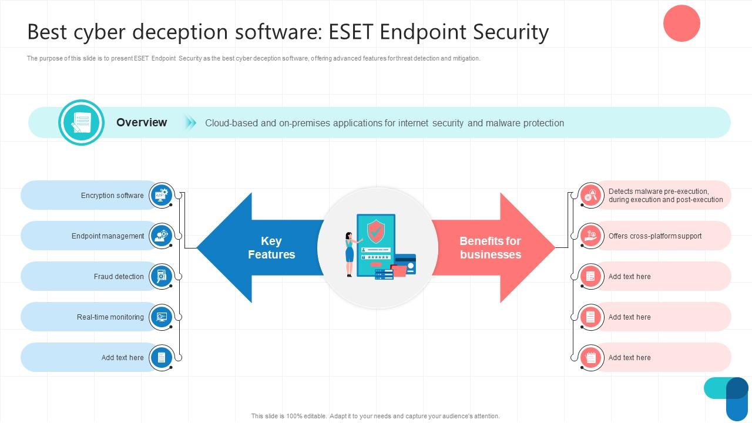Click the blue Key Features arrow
click(x=253, y=248)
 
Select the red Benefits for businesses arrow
click(x=499, y=248)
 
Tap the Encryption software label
click(x=112, y=196)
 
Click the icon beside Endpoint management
click(x=161, y=236)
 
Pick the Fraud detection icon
click(x=161, y=276)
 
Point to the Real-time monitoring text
click(x=110, y=317)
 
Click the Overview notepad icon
click(x=81, y=122)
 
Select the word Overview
click(x=142, y=122)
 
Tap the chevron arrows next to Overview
click(x=190, y=122)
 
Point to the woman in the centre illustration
click(x=350, y=254)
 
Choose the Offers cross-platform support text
click(x=655, y=236)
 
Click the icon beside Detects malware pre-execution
click(x=590, y=195)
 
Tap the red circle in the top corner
click(x=681, y=23)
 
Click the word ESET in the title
click(x=351, y=32)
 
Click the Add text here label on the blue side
click(x=122, y=358)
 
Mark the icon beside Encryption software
click(x=161, y=195)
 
